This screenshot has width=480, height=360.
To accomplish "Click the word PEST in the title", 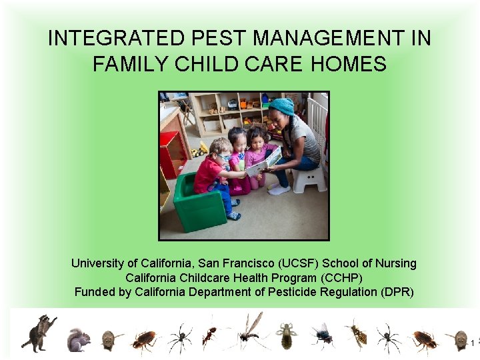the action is click(218, 38).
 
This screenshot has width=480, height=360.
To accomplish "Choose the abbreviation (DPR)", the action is click(397, 292).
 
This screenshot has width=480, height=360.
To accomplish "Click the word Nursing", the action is click(395, 263).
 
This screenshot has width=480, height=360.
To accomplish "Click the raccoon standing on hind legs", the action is click(39, 333).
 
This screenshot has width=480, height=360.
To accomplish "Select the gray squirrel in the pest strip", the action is click(79, 340).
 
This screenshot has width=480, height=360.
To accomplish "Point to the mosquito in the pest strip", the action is click(249, 331).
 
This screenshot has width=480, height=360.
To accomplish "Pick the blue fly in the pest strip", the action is click(323, 336).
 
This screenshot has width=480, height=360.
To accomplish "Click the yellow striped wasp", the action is click(357, 334).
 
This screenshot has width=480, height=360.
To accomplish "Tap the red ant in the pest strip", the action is click(211, 334).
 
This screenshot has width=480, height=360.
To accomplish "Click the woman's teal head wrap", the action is click(281, 106).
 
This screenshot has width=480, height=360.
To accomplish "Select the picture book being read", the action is click(264, 161).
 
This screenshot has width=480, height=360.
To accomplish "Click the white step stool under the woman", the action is click(309, 180).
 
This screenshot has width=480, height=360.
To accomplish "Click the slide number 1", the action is click(473, 343).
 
